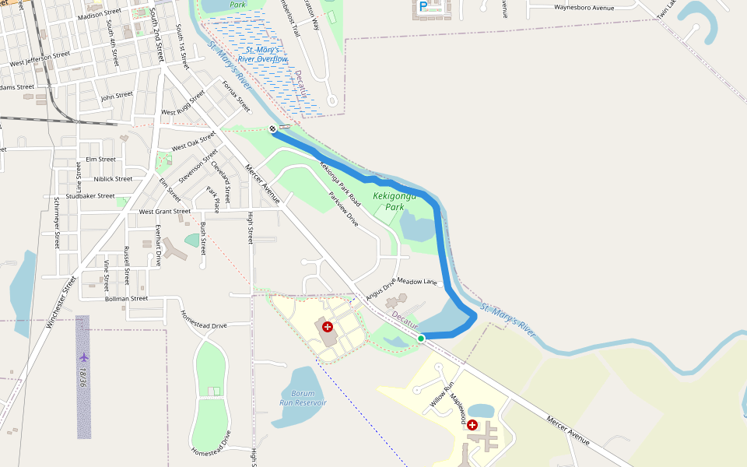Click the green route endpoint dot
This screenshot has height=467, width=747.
click(421, 338)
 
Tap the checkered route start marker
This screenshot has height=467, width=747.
click(272, 128)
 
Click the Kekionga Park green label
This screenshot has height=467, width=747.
click(389, 202)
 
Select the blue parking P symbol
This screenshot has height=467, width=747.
click(423, 6)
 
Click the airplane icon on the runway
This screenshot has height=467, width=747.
click(84, 357)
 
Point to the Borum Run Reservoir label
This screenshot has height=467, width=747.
click(303, 398)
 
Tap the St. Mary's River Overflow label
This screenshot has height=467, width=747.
click(262, 54)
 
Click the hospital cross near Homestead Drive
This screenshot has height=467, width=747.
click(328, 327)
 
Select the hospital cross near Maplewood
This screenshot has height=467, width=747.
click(472, 425)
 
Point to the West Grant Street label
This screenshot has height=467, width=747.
click(164, 211)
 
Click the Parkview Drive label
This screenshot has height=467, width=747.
click(343, 209)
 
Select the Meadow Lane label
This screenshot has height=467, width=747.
click(419, 281)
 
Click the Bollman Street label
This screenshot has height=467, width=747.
click(126, 298)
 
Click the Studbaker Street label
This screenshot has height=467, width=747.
click(90, 195)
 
